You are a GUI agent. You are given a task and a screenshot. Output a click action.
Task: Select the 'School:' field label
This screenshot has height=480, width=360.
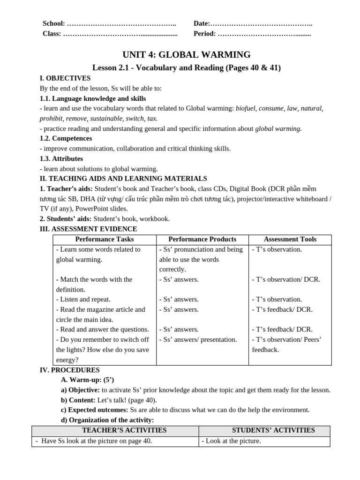(54, 23)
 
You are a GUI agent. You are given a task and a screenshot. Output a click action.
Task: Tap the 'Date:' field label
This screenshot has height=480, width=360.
(202, 23)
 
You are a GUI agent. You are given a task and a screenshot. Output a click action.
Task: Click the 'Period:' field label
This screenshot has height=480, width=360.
(204, 33)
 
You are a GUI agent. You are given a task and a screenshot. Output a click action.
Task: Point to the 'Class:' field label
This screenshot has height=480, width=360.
(52, 33)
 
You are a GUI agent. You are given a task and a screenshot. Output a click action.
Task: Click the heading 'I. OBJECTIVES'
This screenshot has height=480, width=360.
(65, 78)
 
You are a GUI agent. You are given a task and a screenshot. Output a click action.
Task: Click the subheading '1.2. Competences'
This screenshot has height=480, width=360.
(66, 138)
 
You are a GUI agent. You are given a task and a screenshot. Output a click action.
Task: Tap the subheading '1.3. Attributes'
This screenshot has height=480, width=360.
(61, 158)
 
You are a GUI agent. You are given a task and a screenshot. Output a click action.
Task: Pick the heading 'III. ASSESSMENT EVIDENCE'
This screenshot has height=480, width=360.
(89, 229)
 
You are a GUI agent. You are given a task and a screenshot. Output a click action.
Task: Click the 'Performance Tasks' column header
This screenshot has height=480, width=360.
(104, 239)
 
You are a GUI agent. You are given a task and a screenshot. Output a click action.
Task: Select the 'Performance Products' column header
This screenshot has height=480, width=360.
(202, 239)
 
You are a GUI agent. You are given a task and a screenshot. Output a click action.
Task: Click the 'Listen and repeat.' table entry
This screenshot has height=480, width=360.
(83, 299)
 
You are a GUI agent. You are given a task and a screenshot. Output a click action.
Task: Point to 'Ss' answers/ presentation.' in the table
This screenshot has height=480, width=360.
(198, 339)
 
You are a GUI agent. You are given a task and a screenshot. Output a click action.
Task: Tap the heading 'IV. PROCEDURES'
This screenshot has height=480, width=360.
(69, 370)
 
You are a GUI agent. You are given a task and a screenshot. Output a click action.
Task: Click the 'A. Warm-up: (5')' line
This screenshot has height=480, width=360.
(87, 380)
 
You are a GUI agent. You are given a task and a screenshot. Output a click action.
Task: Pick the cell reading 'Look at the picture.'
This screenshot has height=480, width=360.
(231, 441)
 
